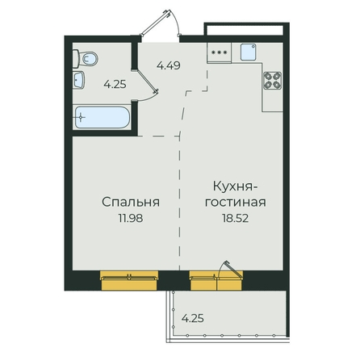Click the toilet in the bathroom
[x=85, y=59]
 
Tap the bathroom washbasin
[x=78, y=80]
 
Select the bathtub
[x=102, y=118]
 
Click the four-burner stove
[x=272, y=81]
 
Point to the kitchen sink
[x=248, y=52]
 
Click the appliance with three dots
[x=219, y=52]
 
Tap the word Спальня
[x=131, y=202]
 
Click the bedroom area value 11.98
[x=131, y=218]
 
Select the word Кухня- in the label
[x=236, y=186]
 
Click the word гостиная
[x=236, y=203]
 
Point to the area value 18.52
[x=235, y=218]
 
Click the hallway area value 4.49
[x=169, y=65]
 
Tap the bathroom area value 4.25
[x=115, y=85]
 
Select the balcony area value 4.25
[x=193, y=319]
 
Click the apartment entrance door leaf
[x=156, y=23]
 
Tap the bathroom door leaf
[x=145, y=81]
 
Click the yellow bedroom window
[x=129, y=280]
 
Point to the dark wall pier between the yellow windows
[x=174, y=280]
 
